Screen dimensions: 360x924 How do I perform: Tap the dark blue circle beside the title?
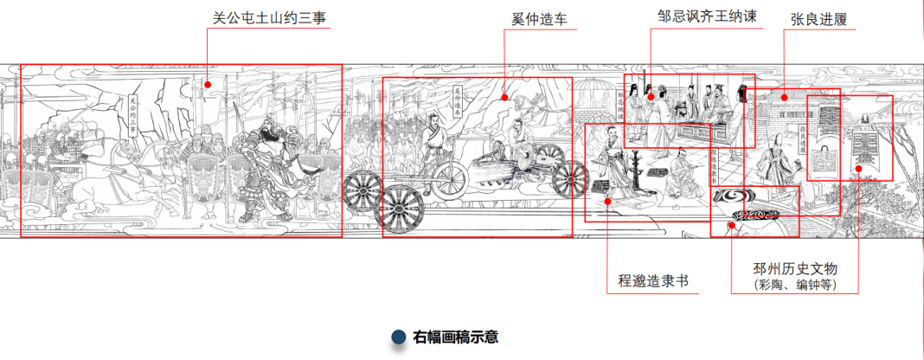399,337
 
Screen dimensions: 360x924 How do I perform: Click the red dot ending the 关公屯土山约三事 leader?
208,85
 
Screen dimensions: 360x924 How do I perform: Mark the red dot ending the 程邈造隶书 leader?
608,201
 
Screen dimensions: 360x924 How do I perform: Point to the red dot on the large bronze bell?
858,168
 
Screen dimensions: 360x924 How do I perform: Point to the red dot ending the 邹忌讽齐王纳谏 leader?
651,97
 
